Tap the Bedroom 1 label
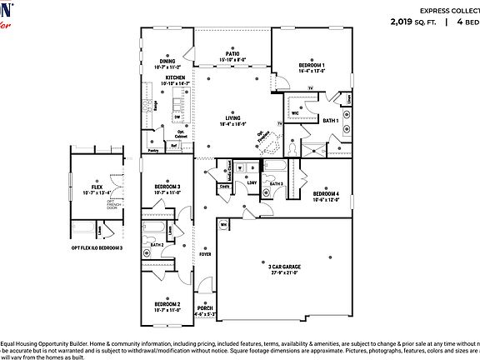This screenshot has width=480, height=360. pyautogui.click(x=311, y=65)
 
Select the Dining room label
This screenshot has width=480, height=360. pyautogui.click(x=168, y=61)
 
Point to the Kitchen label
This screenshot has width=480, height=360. pyautogui.click(x=175, y=77)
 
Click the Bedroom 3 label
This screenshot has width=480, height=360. pyautogui.click(x=167, y=186)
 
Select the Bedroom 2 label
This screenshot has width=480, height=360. pyautogui.click(x=167, y=306)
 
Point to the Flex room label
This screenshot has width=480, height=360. pyautogui.click(x=97, y=187)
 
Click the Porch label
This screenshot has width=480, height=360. pyautogui.click(x=206, y=309)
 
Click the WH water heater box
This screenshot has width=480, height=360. pyautogui.click(x=223, y=224)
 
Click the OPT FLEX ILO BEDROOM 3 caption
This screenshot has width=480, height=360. pyautogui.click(x=97, y=247)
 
